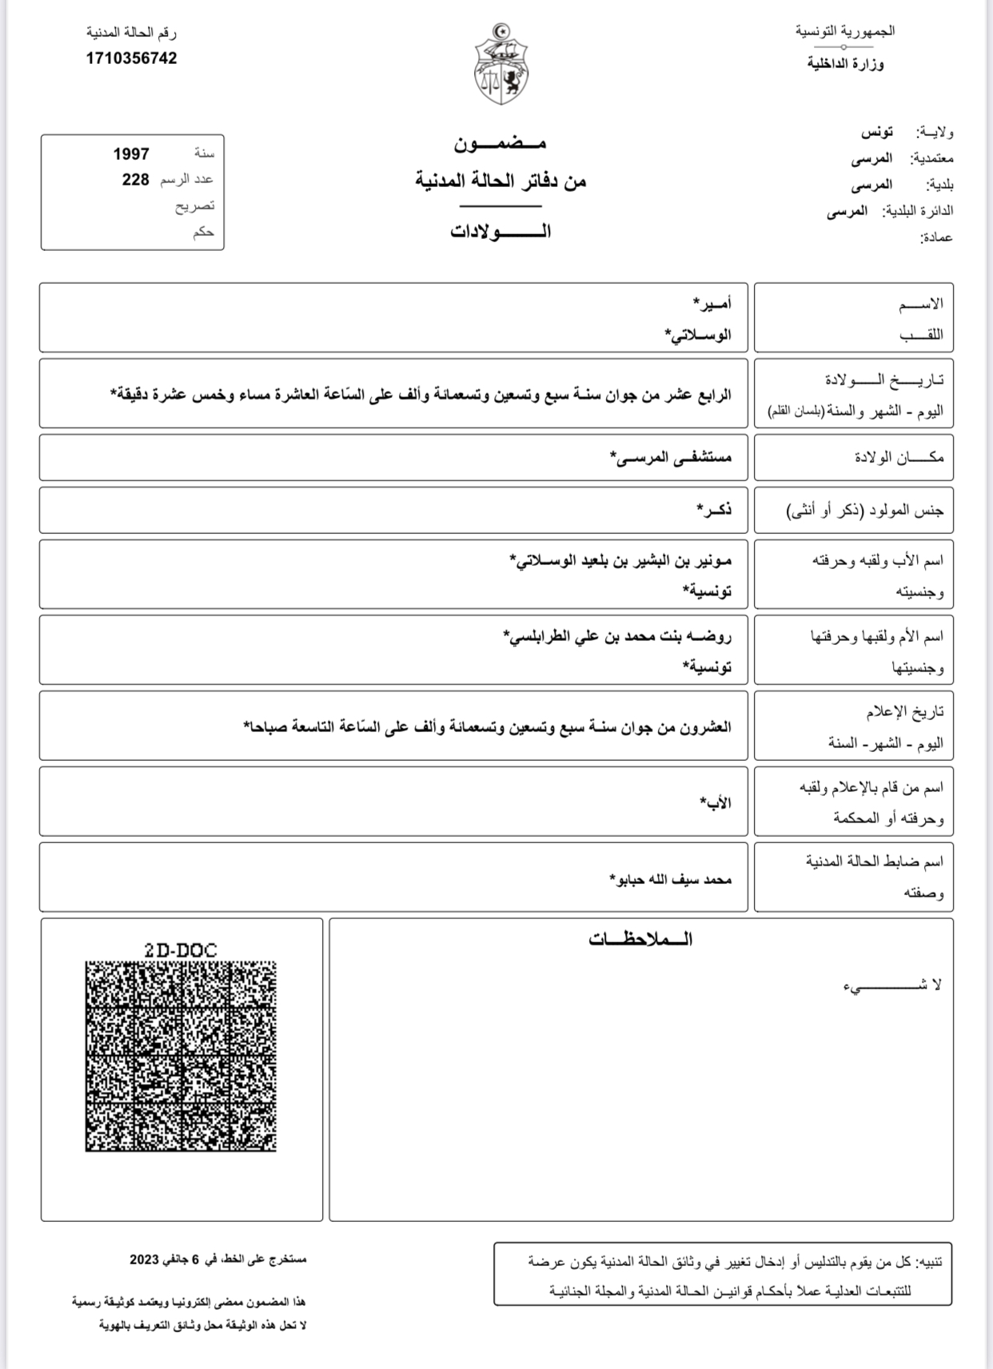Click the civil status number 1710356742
pyautogui.click(x=132, y=58)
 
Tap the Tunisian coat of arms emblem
pyautogui.click(x=501, y=65)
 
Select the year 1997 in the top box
pyautogui.click(x=131, y=153)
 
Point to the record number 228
pyautogui.click(x=135, y=180)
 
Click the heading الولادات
pyautogui.click(x=500, y=232)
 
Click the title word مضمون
pyautogui.click(x=500, y=144)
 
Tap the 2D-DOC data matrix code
pyautogui.click(x=181, y=1056)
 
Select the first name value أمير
pyautogui.click(x=712, y=304)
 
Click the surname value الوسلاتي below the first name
pyautogui.click(x=698, y=335)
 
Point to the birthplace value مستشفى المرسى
pyautogui.click(x=671, y=457)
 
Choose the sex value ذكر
pyautogui.click(x=713, y=509)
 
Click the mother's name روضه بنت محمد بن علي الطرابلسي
pyautogui.click(x=617, y=636)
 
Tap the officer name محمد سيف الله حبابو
pyautogui.click(x=670, y=879)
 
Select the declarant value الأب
pyautogui.click(x=716, y=802)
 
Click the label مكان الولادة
pyautogui.click(x=899, y=457)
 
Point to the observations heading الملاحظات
pyautogui.click(x=640, y=940)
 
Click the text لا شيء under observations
pyautogui.click(x=892, y=985)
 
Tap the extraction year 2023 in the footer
pyautogui.click(x=145, y=1260)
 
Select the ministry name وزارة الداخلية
pyautogui.click(x=845, y=64)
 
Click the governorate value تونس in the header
pyautogui.click(x=876, y=132)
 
